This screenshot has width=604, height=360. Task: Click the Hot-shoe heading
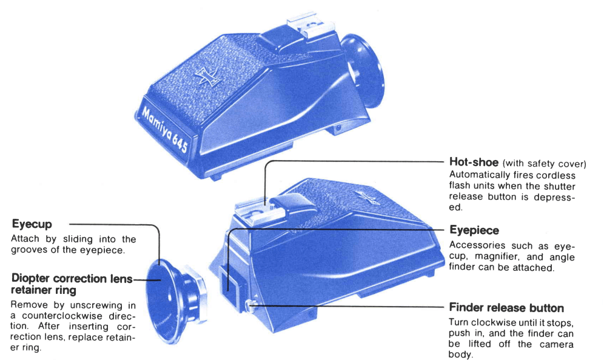[x=474, y=162]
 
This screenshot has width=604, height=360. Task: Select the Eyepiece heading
[x=474, y=230]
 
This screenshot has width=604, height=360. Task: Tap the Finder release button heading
[x=506, y=308]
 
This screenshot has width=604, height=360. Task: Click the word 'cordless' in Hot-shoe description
[x=554, y=175]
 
